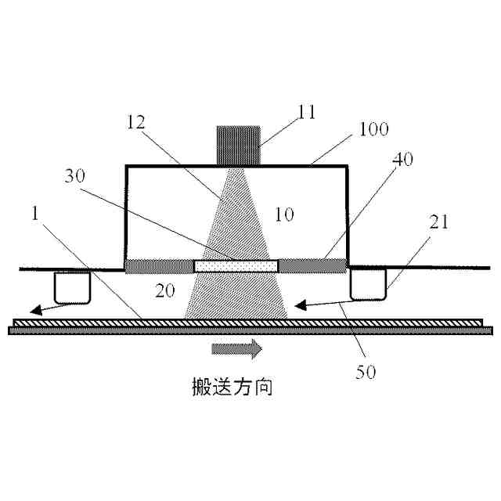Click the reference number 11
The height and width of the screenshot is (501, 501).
306,111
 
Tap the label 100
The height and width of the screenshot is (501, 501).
373,129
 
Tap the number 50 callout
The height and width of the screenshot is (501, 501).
366,372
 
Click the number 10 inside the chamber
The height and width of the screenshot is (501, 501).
285,214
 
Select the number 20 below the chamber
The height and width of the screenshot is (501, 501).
164,290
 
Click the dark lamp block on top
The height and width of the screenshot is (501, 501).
238,146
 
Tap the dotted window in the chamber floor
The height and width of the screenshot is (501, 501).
236,266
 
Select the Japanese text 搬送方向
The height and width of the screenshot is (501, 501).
233,386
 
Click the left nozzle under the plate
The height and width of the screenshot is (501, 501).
72,287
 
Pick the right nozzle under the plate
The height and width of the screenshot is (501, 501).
369,283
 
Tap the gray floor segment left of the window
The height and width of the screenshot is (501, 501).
160,266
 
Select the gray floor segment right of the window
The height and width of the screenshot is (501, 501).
312,266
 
